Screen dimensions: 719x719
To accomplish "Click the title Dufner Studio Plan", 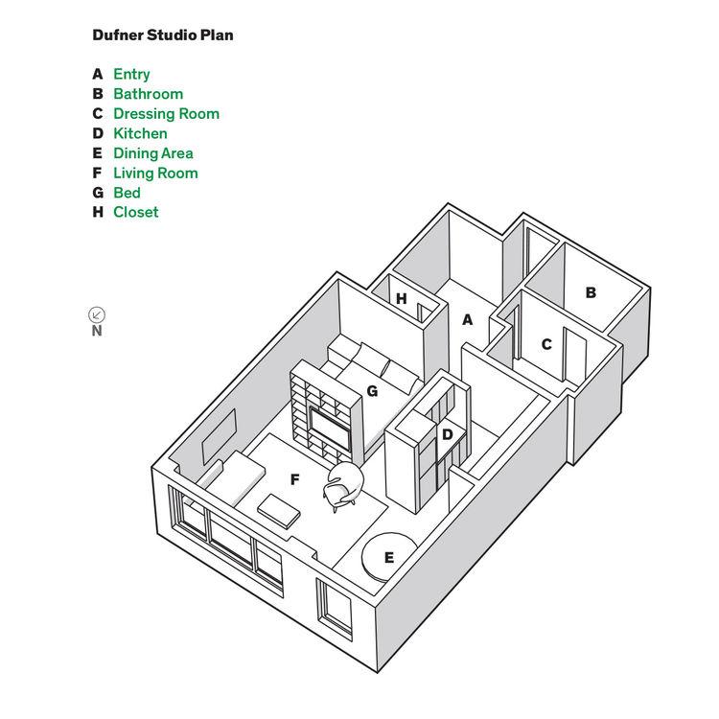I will (x=163, y=35).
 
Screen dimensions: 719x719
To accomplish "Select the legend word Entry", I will (x=131, y=74).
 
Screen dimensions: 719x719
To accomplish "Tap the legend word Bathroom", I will (x=148, y=94).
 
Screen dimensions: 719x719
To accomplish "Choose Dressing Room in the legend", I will (x=166, y=113).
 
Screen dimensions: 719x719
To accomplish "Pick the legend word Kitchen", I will (x=140, y=133).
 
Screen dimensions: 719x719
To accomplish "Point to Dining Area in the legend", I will (x=153, y=153).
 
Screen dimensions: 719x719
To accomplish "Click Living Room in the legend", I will (x=155, y=173).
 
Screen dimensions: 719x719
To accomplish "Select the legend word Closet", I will (x=136, y=212).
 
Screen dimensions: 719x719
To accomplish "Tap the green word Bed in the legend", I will (x=127, y=193).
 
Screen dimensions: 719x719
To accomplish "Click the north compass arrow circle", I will (x=97, y=313).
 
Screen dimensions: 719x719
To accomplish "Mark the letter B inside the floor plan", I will (x=591, y=292).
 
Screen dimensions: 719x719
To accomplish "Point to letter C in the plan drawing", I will (x=546, y=344).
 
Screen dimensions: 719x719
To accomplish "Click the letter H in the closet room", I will (x=402, y=299).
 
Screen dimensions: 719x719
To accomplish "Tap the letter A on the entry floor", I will (x=468, y=320).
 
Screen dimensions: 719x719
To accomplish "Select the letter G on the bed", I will (x=371, y=391).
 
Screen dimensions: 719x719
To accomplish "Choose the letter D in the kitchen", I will (x=447, y=434).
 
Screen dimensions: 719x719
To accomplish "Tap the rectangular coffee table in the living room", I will (x=280, y=509).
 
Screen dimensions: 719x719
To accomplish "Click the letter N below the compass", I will (x=97, y=332).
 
